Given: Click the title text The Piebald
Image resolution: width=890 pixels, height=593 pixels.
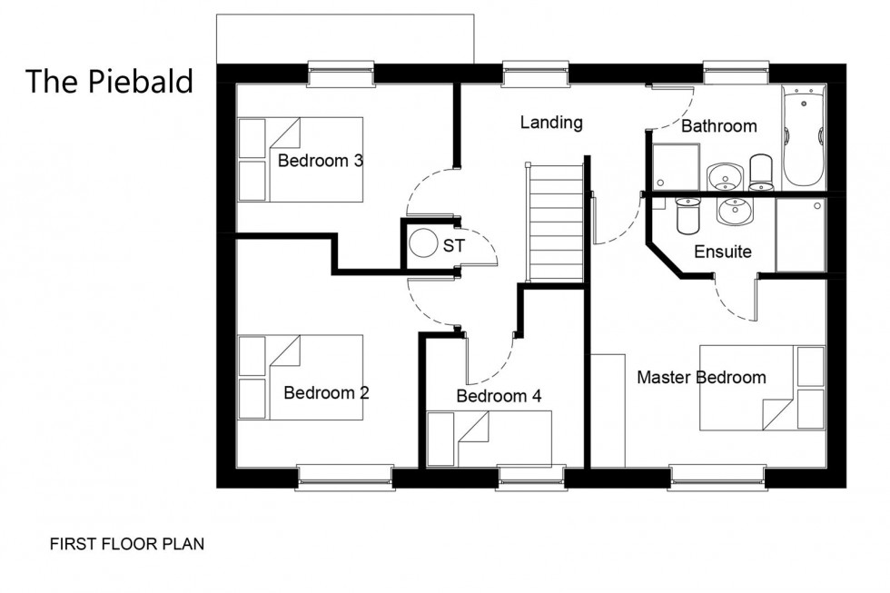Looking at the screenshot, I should point(109,81).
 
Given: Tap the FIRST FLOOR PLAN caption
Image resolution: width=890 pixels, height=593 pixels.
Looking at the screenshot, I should point(126,545).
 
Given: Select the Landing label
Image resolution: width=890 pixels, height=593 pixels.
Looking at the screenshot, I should point(551,123).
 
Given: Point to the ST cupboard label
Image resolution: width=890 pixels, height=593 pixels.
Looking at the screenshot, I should point(453,245).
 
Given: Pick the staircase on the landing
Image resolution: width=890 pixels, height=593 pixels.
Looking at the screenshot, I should point(554,222).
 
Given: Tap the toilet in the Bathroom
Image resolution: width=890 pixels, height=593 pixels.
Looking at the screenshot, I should point(761,170).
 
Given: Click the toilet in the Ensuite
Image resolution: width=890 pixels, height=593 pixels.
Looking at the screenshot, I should point(687,215).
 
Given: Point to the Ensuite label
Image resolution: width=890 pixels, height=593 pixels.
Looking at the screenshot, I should point(723,252).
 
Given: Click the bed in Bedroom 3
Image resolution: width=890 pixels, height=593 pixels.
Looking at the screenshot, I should point(301,160).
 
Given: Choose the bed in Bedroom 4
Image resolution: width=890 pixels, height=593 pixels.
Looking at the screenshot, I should point(489,439).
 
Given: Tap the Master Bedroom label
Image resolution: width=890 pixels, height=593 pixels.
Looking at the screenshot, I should point(701,377).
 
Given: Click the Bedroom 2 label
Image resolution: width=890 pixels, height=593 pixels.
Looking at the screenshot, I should point(326,393).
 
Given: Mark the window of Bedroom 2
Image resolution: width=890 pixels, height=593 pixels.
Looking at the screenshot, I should point(345,475).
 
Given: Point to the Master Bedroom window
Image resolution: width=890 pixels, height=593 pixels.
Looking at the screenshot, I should point(717,475).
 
